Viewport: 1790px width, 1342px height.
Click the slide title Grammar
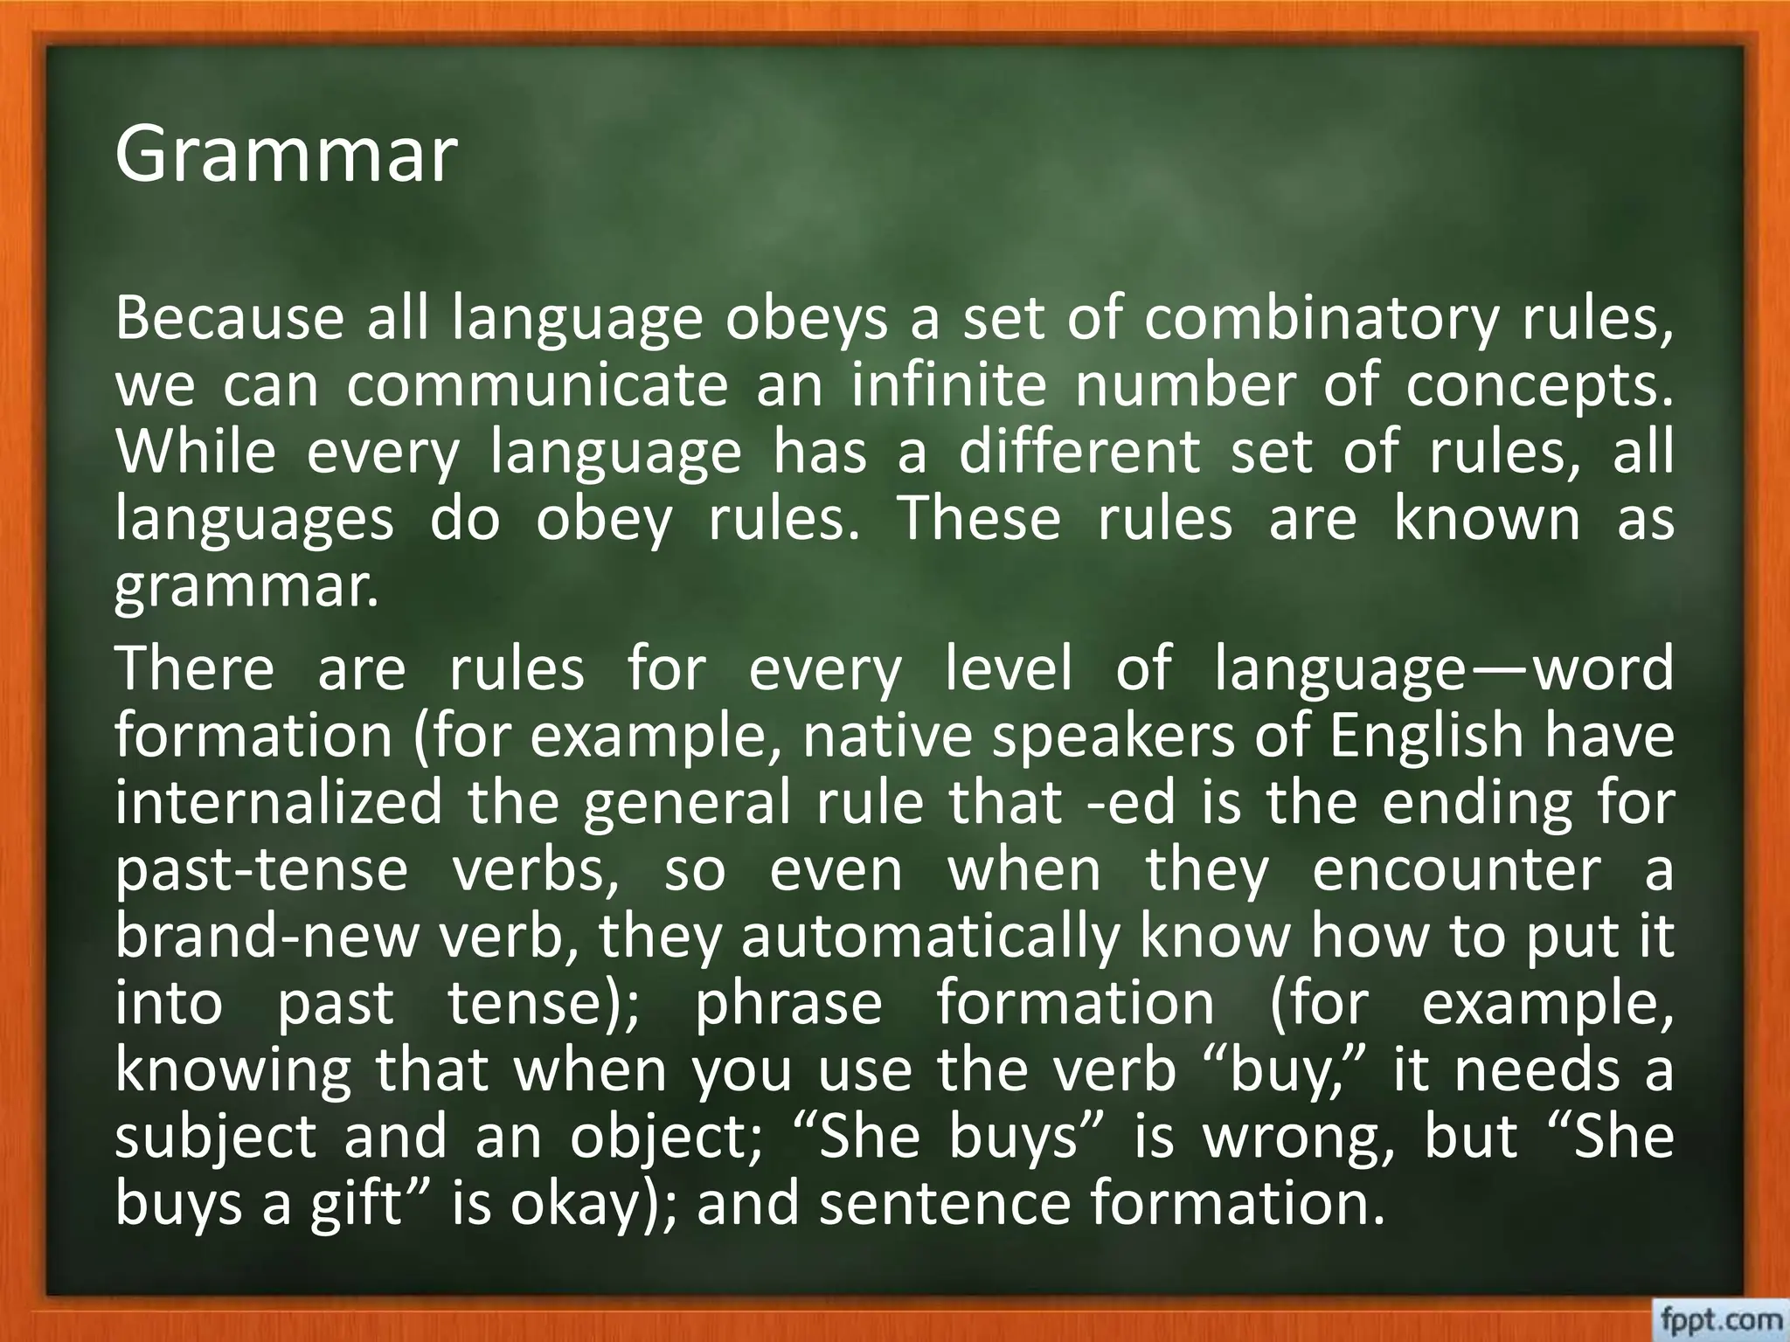point(286,156)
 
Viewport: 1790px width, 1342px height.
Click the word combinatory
point(1321,320)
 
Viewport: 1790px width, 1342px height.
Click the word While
point(196,452)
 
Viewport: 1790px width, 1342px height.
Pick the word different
point(1079,452)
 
